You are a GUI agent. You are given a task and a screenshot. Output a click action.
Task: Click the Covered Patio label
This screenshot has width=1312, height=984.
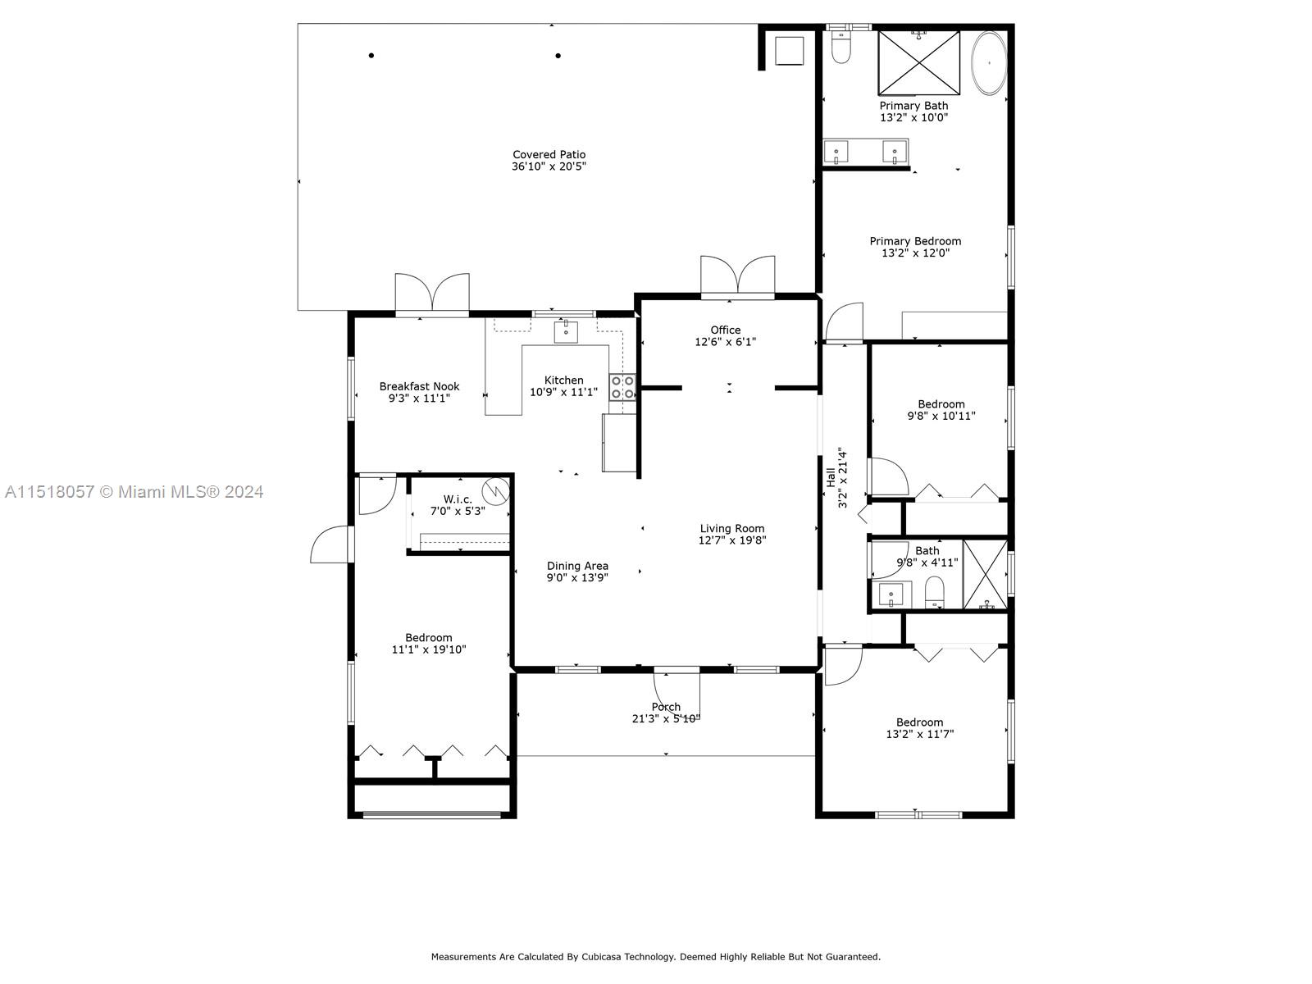pyautogui.click(x=549, y=154)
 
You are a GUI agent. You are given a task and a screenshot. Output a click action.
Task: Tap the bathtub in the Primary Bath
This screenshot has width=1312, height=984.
pyautogui.click(x=989, y=62)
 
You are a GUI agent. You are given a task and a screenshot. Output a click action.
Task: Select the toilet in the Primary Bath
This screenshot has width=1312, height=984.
pyautogui.click(x=840, y=48)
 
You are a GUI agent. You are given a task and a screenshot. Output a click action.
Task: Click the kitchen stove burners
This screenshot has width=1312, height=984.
pyautogui.click(x=622, y=387)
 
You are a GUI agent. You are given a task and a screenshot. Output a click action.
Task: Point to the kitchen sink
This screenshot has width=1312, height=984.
pyautogui.click(x=566, y=331)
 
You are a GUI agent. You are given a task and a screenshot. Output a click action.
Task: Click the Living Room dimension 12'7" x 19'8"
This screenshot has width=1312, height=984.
pyautogui.click(x=732, y=540)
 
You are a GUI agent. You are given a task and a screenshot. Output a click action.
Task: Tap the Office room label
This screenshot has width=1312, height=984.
pyautogui.click(x=725, y=330)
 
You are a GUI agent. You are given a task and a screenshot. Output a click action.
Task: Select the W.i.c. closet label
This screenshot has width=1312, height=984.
pyautogui.click(x=458, y=499)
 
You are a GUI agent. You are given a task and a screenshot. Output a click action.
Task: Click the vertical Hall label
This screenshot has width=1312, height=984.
pyautogui.click(x=831, y=477)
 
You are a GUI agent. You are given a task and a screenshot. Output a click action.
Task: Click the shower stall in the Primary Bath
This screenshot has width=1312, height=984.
pyautogui.click(x=918, y=62)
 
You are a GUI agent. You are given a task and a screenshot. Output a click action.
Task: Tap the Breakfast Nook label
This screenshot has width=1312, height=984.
pyautogui.click(x=419, y=386)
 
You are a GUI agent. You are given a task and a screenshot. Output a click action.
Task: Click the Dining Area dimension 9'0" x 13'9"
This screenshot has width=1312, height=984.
pyautogui.click(x=577, y=577)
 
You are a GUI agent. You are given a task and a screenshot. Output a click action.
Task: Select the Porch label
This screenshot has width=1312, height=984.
pyautogui.click(x=666, y=707)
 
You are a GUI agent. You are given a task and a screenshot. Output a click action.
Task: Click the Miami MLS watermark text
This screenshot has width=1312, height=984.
pyautogui.click(x=134, y=492)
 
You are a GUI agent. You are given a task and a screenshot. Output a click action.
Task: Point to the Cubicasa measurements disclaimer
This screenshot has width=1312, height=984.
pyautogui.click(x=656, y=956)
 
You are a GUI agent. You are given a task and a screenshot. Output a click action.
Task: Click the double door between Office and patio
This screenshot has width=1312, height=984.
pyautogui.click(x=738, y=277)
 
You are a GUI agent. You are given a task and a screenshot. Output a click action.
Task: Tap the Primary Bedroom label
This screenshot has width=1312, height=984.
pyautogui.click(x=915, y=241)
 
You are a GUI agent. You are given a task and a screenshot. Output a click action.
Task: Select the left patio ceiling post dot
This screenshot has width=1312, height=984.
pyautogui.click(x=371, y=56)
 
